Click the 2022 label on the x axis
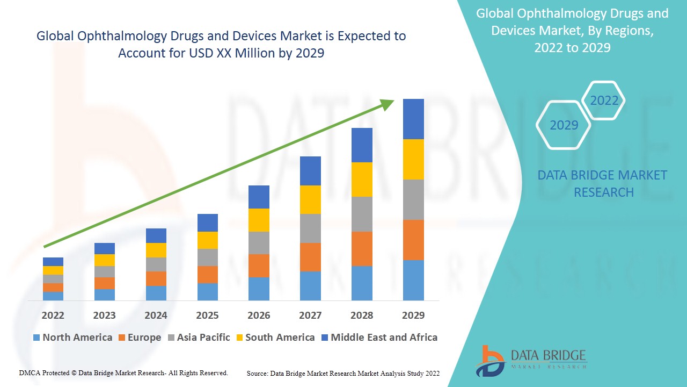[53, 315]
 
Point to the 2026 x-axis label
[259, 315]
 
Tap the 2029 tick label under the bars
[413, 315]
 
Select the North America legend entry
[72, 338]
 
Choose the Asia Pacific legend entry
[199, 338]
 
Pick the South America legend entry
[275, 338]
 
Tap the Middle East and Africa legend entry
[379, 338]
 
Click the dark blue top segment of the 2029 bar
[413, 119]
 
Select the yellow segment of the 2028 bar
[362, 179]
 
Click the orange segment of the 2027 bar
[310, 257]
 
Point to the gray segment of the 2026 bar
[259, 242]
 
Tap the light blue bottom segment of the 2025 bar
[207, 291]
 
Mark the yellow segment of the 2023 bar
[104, 260]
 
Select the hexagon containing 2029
[564, 125]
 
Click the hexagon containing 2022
[604, 101]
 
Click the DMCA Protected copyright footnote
[123, 372]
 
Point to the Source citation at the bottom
[343, 373]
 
